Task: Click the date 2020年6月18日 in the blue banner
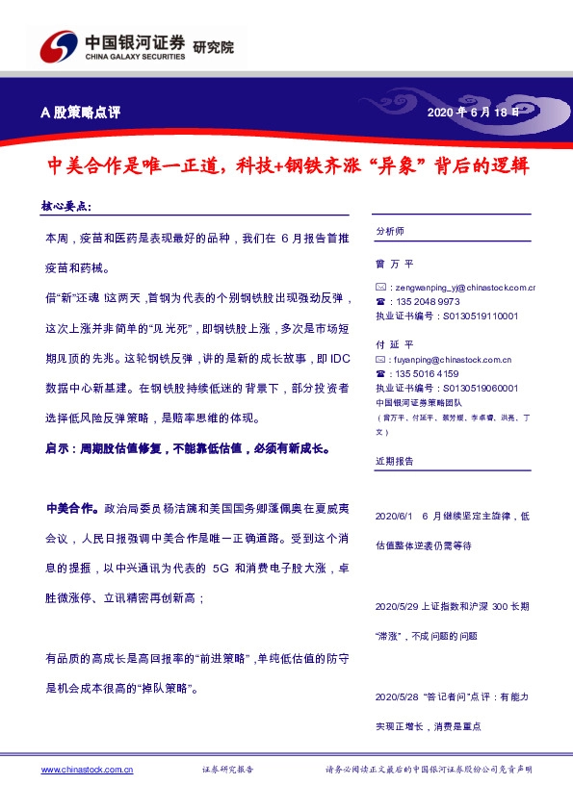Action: click(x=475, y=113)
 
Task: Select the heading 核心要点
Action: click(x=66, y=206)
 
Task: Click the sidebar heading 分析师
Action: click(x=391, y=231)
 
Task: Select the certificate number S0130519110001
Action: click(x=479, y=316)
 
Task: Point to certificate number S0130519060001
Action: click(x=479, y=388)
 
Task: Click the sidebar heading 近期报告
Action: click(x=395, y=462)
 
